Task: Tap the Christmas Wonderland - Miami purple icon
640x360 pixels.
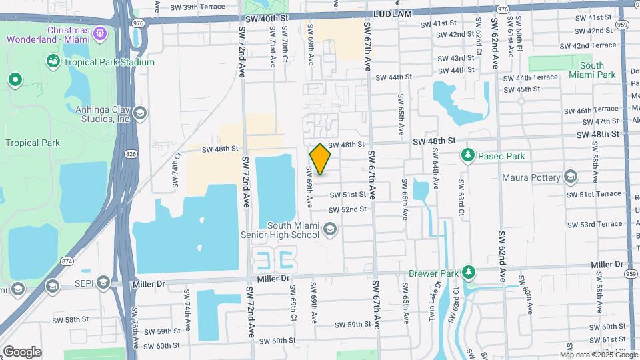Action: point(100,32)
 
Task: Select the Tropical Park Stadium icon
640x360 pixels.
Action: point(53,62)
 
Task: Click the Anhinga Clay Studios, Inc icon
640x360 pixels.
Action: point(139,113)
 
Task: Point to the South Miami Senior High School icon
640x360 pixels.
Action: point(329,230)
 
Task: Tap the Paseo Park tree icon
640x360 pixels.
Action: point(468,156)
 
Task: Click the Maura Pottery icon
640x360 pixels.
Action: point(570,177)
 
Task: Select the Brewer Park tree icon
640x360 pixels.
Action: point(469,273)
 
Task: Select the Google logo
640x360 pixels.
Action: point(21,351)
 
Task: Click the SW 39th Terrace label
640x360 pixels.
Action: point(198,7)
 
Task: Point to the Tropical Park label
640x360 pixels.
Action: point(33,143)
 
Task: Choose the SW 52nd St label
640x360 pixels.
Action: point(347,209)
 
